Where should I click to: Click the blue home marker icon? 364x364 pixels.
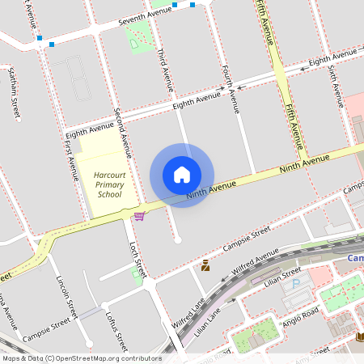pos(182,175)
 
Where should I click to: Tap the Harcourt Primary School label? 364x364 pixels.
pos(109,184)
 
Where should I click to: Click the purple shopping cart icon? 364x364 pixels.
pos(140,215)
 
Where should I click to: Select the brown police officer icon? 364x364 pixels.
pos(205,265)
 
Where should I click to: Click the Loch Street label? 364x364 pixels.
pos(138,260)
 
